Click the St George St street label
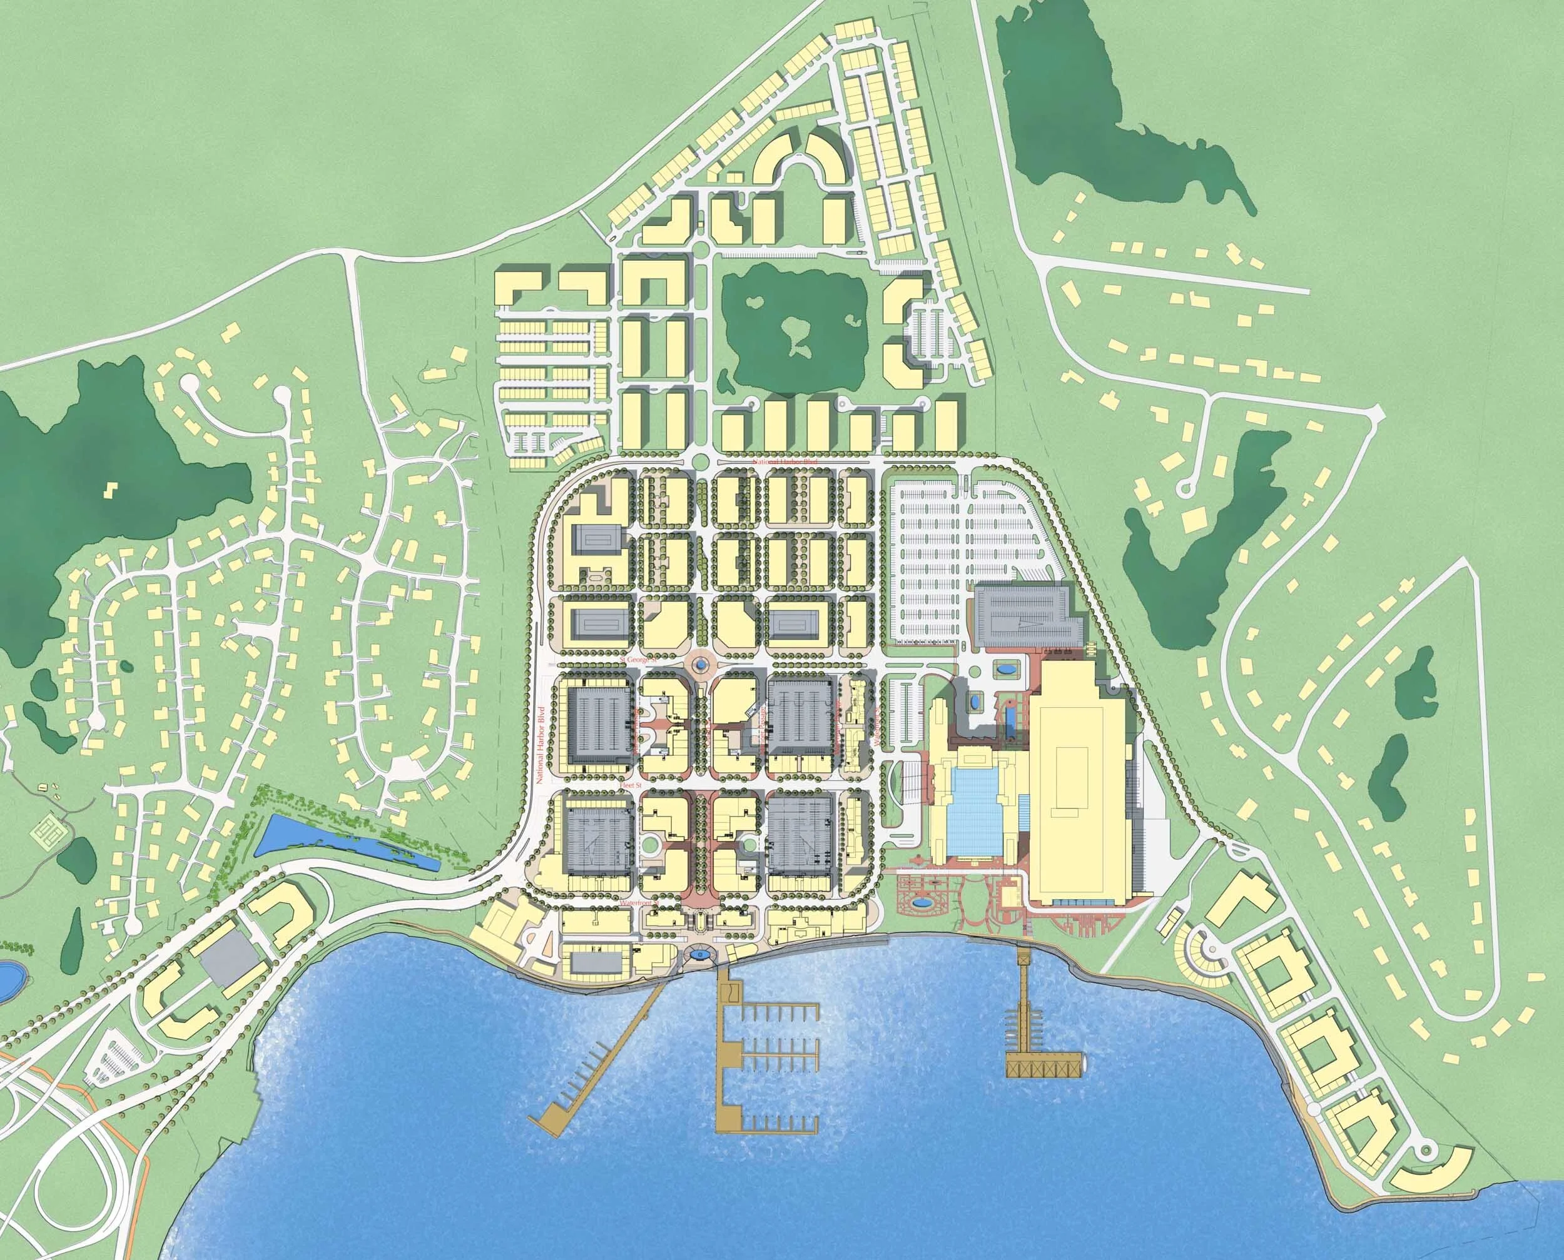pyautogui.click(x=638, y=660)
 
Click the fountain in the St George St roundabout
pyautogui.click(x=699, y=663)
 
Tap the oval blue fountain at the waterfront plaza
pyautogui.click(x=699, y=953)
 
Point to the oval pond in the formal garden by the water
pyautogui.click(x=922, y=904)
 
